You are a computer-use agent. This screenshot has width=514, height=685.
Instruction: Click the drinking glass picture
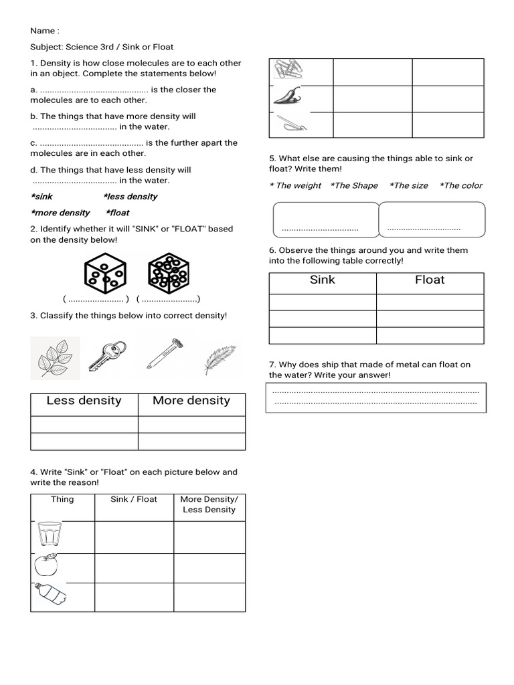click(49, 535)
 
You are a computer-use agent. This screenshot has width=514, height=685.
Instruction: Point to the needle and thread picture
click(292, 124)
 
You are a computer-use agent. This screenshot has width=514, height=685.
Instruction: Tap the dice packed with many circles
click(168, 272)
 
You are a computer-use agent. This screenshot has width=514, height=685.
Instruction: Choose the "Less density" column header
click(84, 401)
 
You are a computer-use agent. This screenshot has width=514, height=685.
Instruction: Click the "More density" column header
click(191, 401)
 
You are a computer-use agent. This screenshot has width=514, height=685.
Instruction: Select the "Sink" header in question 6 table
click(323, 280)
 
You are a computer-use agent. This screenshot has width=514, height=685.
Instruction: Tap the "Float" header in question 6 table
click(430, 280)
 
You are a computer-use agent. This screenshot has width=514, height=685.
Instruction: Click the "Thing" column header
click(62, 500)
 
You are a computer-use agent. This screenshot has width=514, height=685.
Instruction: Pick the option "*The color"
click(460, 186)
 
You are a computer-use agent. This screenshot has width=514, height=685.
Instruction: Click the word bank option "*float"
click(117, 213)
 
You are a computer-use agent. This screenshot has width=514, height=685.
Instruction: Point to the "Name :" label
click(45, 31)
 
